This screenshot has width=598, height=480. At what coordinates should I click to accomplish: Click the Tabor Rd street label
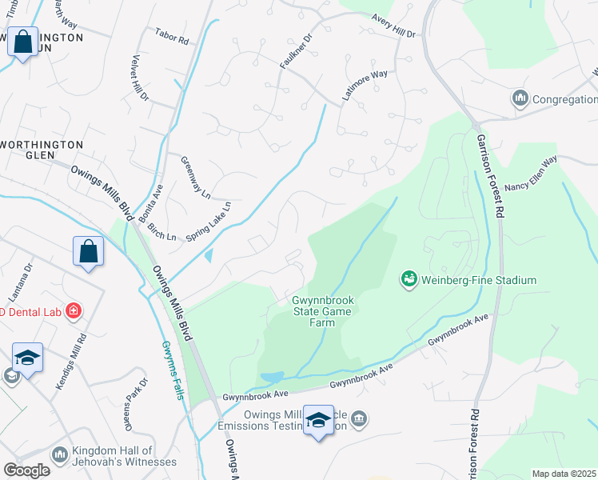171,38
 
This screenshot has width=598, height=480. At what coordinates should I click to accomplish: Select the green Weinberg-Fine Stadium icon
409,280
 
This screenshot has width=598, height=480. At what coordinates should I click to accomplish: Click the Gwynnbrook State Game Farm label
323,311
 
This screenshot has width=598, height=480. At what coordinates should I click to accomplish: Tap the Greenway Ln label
195,178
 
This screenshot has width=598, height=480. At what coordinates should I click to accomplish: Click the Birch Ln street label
161,230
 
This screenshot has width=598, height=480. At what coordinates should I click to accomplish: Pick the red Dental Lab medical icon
73,310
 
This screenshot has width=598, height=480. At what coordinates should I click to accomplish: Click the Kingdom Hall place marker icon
60,454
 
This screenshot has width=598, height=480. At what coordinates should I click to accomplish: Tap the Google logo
26,470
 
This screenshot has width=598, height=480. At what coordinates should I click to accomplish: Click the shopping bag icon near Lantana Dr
88,250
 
